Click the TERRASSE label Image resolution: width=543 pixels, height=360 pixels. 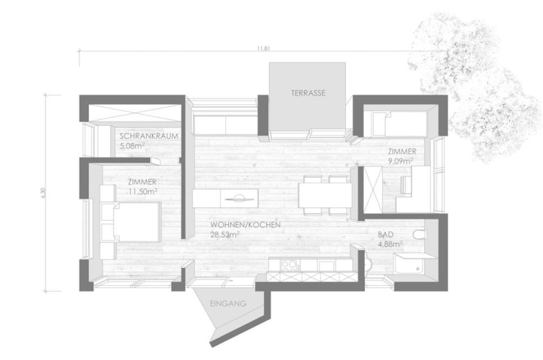(308, 93)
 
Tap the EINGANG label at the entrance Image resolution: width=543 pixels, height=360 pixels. (228, 304)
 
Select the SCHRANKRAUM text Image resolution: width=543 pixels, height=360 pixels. (149, 136)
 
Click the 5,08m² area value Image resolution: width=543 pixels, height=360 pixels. (132, 145)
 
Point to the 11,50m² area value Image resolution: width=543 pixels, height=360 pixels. (143, 191)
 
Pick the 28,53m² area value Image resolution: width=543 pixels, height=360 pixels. (225, 235)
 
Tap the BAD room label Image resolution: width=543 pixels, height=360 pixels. (386, 235)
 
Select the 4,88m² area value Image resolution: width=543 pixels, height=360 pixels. (390, 244)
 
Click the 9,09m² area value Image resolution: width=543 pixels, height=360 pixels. (400, 161)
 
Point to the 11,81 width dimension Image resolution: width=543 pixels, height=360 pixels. (263, 48)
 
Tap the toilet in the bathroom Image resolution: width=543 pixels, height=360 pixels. (420, 235)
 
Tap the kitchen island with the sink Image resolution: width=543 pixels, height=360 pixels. (225, 198)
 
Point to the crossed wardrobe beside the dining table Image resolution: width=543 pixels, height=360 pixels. (373, 189)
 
